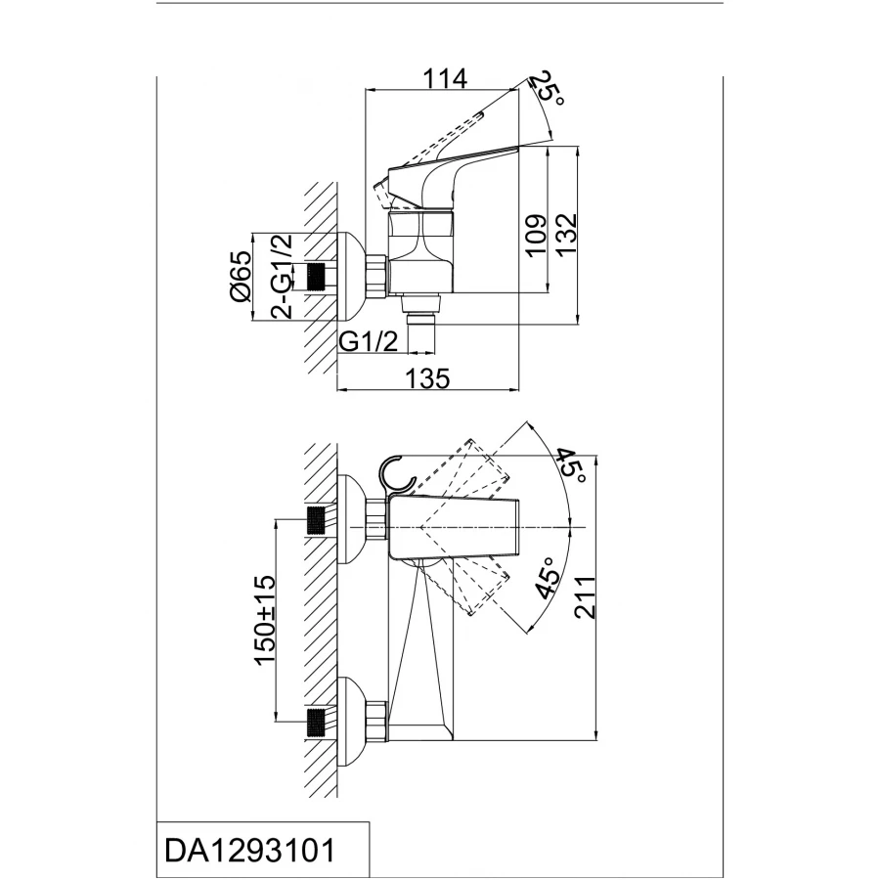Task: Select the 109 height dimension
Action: (x=534, y=236)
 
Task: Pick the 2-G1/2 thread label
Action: (x=282, y=276)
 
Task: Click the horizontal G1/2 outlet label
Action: (x=371, y=341)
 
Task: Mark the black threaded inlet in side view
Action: (x=317, y=278)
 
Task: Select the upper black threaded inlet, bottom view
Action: (x=317, y=520)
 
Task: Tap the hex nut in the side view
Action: (x=377, y=278)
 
